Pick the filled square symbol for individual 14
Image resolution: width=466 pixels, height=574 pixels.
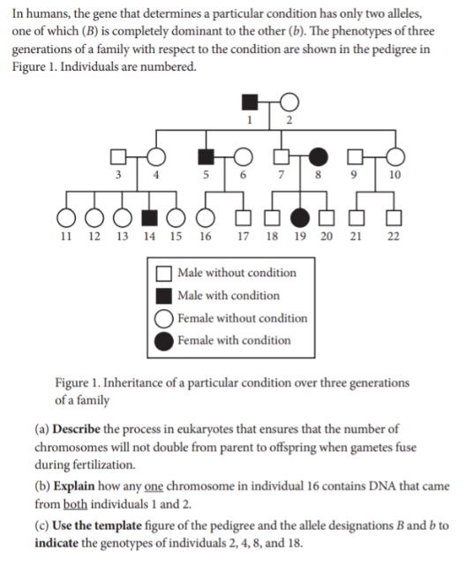tap(151, 217)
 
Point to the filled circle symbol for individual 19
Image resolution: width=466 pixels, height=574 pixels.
tap(301, 217)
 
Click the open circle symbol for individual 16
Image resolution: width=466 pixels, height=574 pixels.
tap(205, 217)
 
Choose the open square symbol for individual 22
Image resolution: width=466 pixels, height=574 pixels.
tap(394, 217)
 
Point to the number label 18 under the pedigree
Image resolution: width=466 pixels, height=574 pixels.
tap(273, 237)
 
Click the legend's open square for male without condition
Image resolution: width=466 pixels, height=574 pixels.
tap(163, 273)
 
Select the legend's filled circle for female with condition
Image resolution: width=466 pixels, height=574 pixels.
tap(163, 341)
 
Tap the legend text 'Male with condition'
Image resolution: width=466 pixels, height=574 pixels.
tap(228, 296)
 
